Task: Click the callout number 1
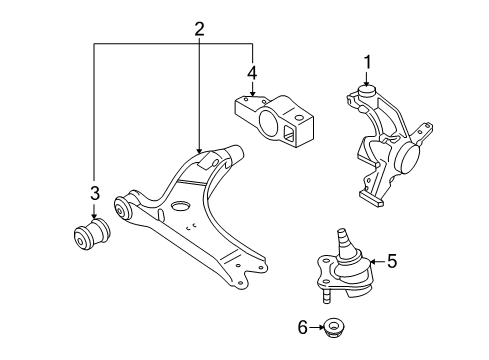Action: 367,62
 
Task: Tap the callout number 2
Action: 199,29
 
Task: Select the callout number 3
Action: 95,193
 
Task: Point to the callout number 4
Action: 252,73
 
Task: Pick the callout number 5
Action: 392,261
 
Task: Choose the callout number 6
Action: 302,327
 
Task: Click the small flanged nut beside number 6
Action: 334,328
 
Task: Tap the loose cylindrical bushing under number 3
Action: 92,234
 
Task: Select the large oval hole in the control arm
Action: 180,206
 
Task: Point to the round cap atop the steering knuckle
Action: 366,91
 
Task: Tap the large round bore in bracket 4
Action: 268,122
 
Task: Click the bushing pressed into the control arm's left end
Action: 122,208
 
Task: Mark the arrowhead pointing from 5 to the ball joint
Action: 373,261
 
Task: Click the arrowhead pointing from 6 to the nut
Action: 321,327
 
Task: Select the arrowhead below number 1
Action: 367,84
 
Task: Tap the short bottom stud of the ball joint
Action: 327,296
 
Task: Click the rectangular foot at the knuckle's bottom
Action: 371,199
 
